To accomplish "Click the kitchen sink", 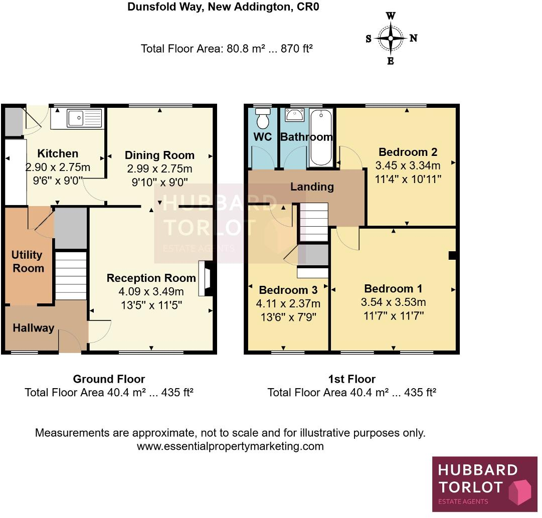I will (84, 119).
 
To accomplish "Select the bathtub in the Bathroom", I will (321, 138).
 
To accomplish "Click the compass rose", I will (391, 38).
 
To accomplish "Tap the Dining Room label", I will (159, 155).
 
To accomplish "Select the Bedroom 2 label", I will (408, 152).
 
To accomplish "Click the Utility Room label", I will (28, 261).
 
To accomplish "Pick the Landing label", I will (312, 187).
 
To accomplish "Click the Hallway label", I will (33, 328).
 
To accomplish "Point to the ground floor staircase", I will (71, 276).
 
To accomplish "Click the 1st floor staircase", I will (313, 222).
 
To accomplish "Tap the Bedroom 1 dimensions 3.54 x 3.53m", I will (393, 302).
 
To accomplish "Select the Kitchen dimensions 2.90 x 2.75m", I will (58, 167).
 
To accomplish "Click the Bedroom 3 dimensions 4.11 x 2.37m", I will (288, 303).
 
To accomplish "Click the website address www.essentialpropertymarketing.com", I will (230, 446).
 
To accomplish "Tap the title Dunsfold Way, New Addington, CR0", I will (223, 8).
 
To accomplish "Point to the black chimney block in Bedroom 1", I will (452, 255).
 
